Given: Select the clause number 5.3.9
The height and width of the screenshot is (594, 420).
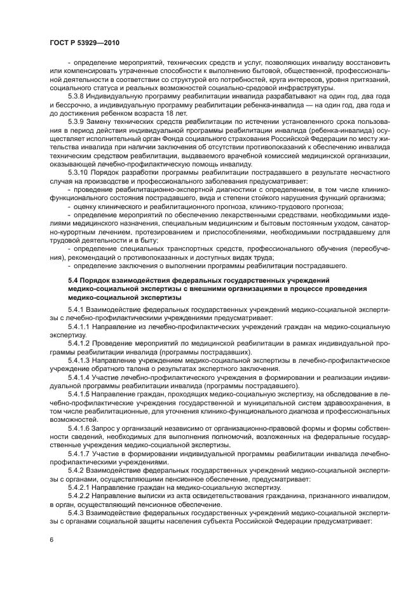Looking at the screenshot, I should click(x=78, y=120).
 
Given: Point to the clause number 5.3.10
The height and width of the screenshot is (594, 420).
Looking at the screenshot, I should click(x=80, y=172).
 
